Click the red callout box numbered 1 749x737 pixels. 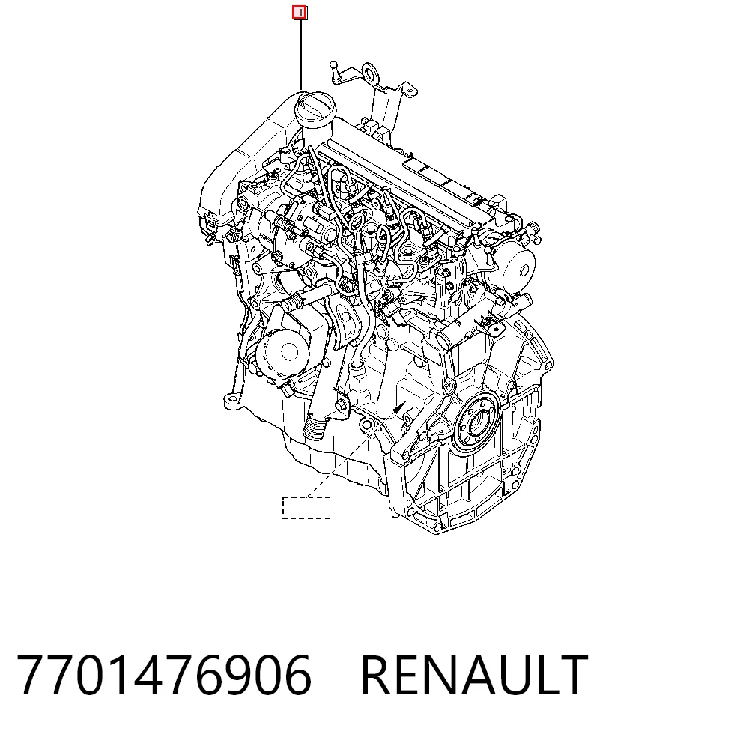click(x=300, y=13)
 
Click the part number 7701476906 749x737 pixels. click(x=164, y=676)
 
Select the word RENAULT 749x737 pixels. click(x=474, y=676)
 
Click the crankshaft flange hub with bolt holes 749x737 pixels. click(x=476, y=422)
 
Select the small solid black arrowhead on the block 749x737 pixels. click(x=398, y=407)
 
